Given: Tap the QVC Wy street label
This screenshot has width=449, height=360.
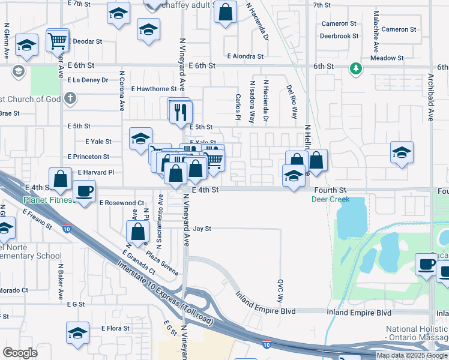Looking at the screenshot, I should click(x=280, y=290).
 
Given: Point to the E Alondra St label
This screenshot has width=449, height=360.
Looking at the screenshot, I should click(x=246, y=56).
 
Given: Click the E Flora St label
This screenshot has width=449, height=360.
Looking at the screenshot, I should click(x=115, y=328).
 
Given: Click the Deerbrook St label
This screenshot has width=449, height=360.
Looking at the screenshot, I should click(x=339, y=36).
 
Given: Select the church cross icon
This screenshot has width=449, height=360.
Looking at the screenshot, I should click(x=70, y=97).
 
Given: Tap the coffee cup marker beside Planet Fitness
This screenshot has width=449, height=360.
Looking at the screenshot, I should click(x=85, y=191).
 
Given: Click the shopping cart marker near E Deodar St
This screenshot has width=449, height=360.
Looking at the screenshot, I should click(x=57, y=41).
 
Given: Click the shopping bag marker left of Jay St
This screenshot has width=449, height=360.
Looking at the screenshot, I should click(x=137, y=232).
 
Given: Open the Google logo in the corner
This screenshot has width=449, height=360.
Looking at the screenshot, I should click(x=21, y=353).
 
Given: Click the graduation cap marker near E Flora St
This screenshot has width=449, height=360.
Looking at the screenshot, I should click(x=78, y=332).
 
